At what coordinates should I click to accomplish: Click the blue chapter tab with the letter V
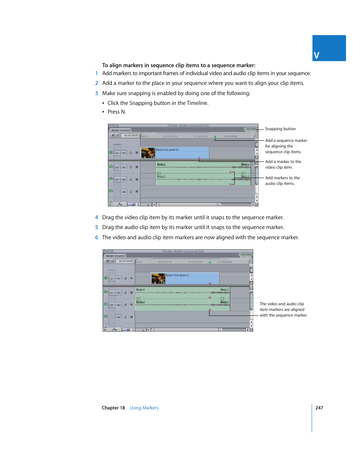pos(329,48)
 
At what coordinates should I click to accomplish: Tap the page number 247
pos(319,408)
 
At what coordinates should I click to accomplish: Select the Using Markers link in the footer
pos(144,408)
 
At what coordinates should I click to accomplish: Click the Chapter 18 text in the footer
pos(113,408)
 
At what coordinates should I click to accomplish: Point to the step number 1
pos(97,74)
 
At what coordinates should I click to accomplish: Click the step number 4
pos(97,218)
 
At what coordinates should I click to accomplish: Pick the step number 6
pos(97,238)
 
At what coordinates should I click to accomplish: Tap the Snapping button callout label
pos(280,129)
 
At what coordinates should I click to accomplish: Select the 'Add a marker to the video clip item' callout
pos(283,165)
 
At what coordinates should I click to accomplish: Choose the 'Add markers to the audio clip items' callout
pos(282,181)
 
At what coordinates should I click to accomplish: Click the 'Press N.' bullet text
pos(117,112)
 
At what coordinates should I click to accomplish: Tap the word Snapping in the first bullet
pos(140,103)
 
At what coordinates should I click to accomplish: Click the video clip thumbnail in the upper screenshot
pos(148,153)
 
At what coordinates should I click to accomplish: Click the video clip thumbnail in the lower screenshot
pos(158,278)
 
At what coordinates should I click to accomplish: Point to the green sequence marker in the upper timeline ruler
pos(215,137)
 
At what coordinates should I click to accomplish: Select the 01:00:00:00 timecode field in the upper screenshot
pos(131,135)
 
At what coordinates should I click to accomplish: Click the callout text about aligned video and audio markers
pos(283,309)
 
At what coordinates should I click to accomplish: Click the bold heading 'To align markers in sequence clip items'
pos(178,65)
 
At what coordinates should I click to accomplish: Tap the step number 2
pos(97,83)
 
